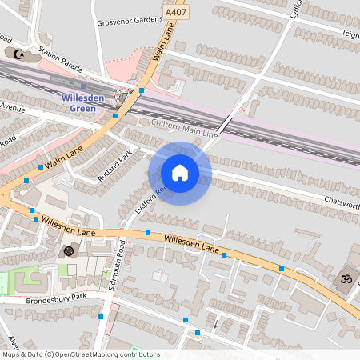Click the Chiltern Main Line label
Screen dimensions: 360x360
click(183, 123)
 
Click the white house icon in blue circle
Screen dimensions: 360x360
click(179, 173)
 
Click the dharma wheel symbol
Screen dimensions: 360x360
click(68, 251)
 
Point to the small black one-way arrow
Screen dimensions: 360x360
click(214, 324)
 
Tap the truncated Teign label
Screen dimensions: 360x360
click(350, 34)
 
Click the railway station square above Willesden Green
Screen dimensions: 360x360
click(83, 85)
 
